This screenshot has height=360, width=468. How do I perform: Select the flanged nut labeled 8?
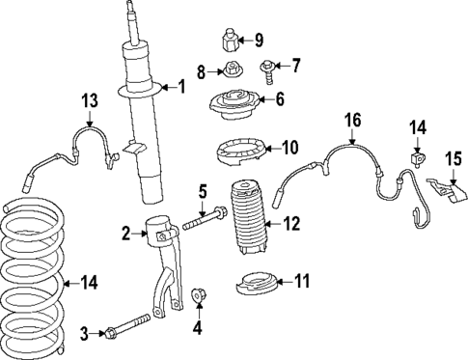231,69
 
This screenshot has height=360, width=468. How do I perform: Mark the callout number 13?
89,101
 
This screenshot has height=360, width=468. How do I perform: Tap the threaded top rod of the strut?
131,21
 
